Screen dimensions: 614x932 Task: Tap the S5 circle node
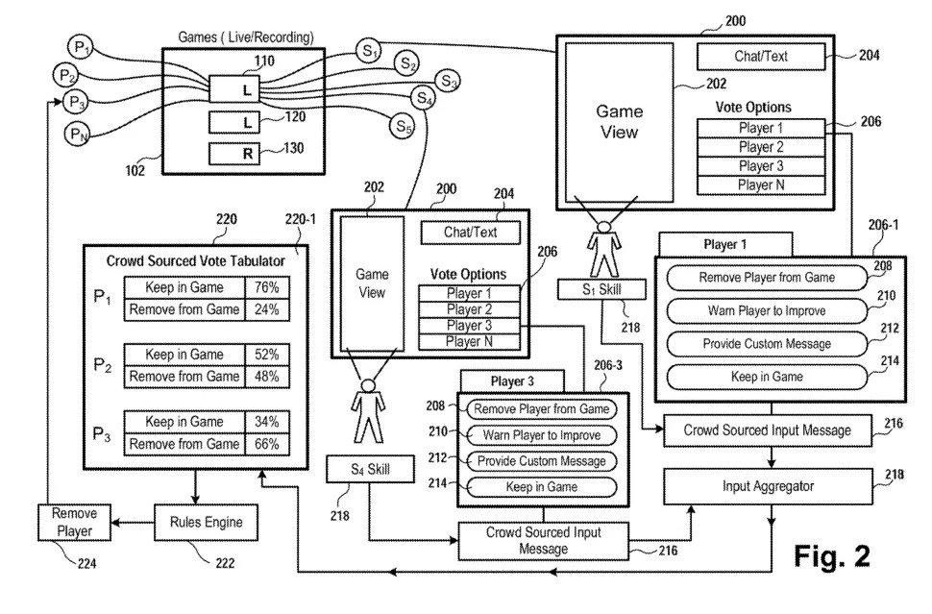coord(403,125)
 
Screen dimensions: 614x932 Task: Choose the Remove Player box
coord(74,522)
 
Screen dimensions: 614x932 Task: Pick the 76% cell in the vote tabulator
coord(266,287)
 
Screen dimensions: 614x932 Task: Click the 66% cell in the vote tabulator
coord(266,445)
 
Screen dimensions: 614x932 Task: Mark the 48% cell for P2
coord(266,377)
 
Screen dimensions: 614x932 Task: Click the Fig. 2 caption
coord(832,557)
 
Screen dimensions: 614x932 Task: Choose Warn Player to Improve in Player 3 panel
coord(542,435)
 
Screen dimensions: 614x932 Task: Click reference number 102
coord(135,172)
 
